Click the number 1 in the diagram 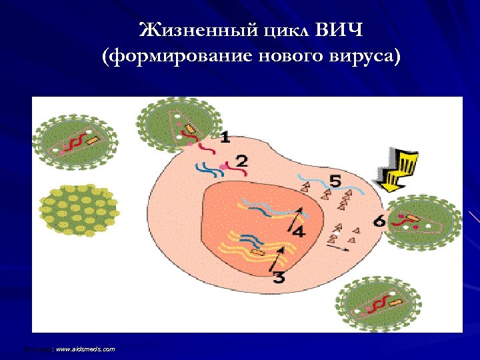point(225,137)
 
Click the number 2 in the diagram point(242,161)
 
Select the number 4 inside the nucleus point(298,231)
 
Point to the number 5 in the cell point(335,181)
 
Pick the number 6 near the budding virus point(379,221)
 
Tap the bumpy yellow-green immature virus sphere point(76,207)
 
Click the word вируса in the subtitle point(364,57)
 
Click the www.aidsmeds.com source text point(85,349)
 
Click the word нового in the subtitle point(289,57)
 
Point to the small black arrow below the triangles point(338,247)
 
